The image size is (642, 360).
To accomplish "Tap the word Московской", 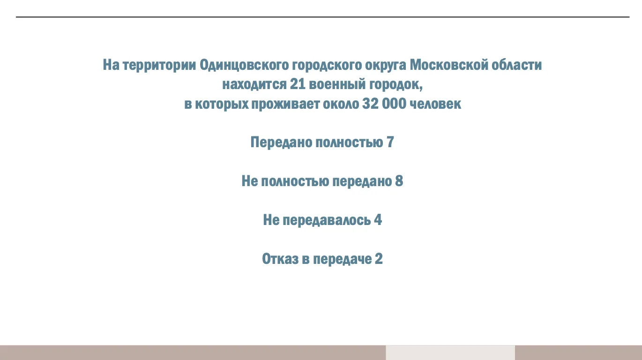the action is tap(449, 65).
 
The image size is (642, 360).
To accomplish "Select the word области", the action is tap(517, 65).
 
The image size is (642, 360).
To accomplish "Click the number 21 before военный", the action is tap(298, 84).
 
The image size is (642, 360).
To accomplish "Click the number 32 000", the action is tap(384, 104).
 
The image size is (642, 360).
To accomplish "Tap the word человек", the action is tap(436, 104).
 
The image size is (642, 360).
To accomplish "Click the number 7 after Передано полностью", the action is tap(390, 142).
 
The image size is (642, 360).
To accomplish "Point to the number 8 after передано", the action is tap(399, 181).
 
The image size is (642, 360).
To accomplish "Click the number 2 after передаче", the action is tap(379, 259).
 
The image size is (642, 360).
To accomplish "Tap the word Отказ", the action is tap(280, 259).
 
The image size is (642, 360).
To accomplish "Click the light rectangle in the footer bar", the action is tap(450, 352).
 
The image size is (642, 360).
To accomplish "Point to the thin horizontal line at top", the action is tap(323, 17).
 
